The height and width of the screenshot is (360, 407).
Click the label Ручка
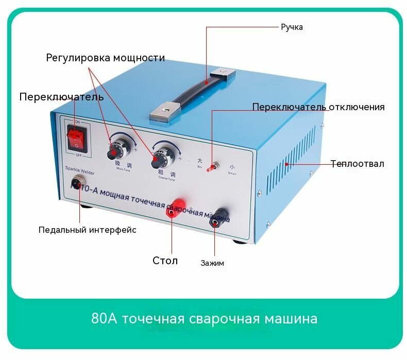(291, 27)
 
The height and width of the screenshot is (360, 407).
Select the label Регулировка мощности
(106, 58)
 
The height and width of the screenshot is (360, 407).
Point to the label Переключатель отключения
(318, 107)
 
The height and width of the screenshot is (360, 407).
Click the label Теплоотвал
(357, 164)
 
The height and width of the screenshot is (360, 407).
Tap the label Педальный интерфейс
(88, 230)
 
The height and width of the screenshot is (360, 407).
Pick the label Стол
(165, 261)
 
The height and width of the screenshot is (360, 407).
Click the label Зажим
(212, 263)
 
